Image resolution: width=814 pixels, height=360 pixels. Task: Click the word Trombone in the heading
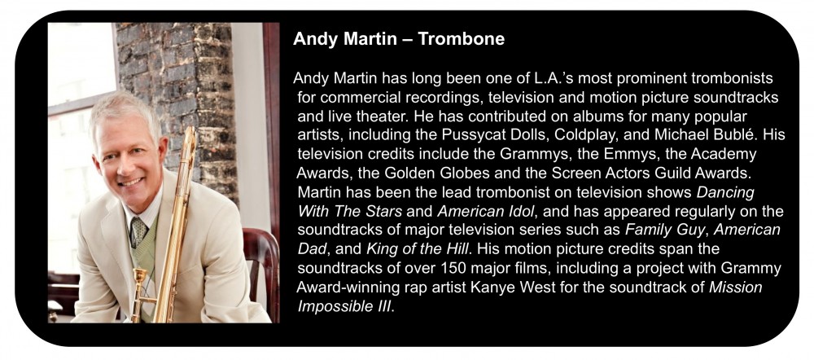tap(461, 39)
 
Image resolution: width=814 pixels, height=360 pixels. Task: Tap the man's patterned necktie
tap(138, 230)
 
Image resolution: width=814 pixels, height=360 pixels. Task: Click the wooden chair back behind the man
tap(260, 270)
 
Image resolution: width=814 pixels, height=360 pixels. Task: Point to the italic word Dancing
tap(725, 193)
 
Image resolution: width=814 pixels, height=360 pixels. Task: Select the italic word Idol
tap(520, 212)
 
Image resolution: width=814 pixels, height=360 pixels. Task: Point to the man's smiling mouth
tap(130, 182)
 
